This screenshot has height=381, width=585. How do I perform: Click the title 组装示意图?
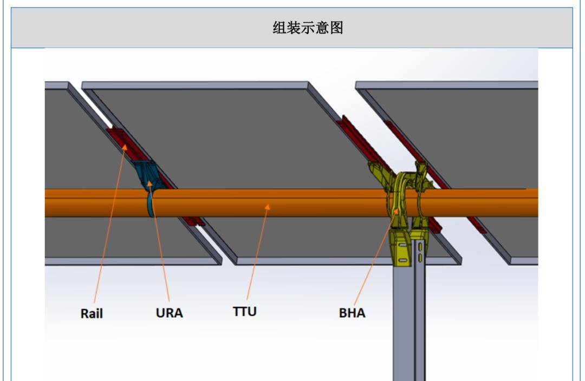[307, 28]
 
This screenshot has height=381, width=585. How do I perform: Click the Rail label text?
[92, 313]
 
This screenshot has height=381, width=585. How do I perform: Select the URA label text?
[169, 313]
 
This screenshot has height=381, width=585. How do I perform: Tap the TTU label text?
[245, 312]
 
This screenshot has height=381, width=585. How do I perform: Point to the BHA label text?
[352, 313]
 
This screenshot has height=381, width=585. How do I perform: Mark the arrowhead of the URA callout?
[149, 183]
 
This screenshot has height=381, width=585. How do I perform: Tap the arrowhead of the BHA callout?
[398, 209]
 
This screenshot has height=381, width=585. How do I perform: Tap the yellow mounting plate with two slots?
[401, 249]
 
